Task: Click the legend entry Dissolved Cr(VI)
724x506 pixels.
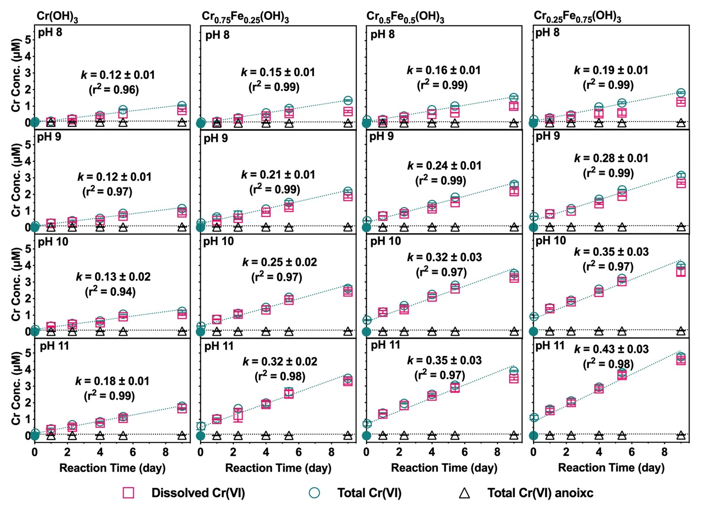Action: point(198,493)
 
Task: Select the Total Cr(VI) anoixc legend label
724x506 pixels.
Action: point(540,493)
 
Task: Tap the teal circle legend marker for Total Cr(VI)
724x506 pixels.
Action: point(314,493)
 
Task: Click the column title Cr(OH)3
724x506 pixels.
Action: point(57,16)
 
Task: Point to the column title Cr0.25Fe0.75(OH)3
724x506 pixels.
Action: point(577,16)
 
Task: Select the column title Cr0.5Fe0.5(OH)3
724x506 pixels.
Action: point(405,16)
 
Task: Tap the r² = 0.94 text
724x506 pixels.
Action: point(110,292)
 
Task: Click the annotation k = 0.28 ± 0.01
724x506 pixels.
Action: point(611,158)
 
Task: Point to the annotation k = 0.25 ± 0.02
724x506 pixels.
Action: point(279,262)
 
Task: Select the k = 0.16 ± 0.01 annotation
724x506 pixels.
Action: point(444,70)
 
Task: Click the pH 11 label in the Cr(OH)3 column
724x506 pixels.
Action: point(54,346)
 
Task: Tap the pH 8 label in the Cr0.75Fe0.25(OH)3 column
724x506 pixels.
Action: point(217,35)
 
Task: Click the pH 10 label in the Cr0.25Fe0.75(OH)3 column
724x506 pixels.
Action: point(551,240)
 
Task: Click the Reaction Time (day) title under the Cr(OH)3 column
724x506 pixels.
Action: point(112,467)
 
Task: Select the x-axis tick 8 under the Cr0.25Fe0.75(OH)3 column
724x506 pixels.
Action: point(665,452)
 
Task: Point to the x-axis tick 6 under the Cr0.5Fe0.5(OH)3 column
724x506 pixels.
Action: point(465,452)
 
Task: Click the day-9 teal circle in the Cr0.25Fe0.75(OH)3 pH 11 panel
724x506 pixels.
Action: point(681,357)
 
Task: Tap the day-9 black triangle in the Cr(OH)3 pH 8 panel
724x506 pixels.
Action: point(182,122)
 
